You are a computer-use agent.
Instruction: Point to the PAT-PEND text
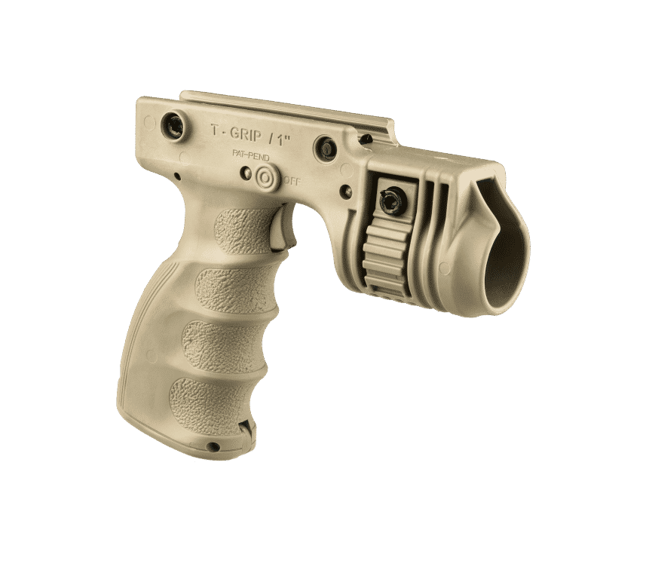(x=250, y=155)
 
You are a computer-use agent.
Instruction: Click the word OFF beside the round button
(x=291, y=181)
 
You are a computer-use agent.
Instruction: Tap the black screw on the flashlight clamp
(x=389, y=198)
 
